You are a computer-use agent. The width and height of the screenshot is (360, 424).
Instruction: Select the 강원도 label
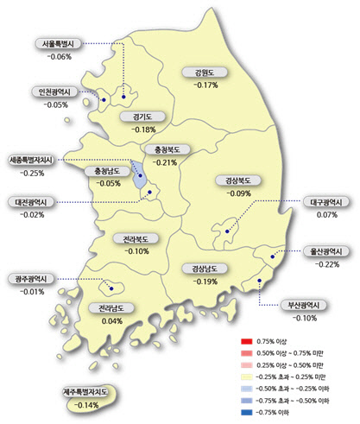point(206,73)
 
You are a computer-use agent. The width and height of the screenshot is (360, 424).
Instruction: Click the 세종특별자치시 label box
point(31,160)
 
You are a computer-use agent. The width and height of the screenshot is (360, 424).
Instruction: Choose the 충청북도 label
point(163,149)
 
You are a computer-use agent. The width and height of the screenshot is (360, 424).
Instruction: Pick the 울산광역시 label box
point(328,251)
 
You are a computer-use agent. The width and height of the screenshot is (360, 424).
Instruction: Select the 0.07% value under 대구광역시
point(326,214)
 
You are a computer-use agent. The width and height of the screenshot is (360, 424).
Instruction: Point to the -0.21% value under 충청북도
point(163,162)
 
